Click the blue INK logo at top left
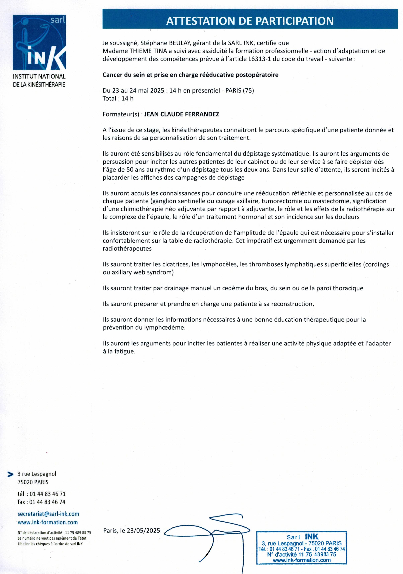[x=39, y=42]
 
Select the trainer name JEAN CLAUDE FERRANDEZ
[x=182, y=114]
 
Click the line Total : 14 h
[x=118, y=99]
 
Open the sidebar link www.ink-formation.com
[x=48, y=522]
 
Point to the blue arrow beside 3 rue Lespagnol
[x=11, y=474]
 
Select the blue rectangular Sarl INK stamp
[x=301, y=548]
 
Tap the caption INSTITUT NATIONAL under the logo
[x=39, y=77]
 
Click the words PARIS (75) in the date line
[x=240, y=91]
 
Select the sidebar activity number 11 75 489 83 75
[x=78, y=533]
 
